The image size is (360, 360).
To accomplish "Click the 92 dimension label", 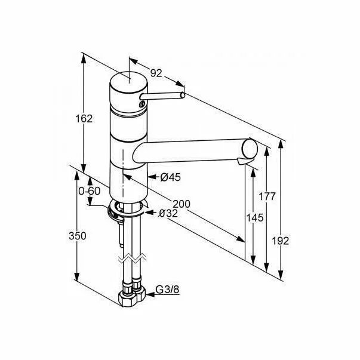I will pyautogui.click(x=156, y=73).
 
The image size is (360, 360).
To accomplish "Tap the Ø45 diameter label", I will pyautogui.click(x=171, y=176).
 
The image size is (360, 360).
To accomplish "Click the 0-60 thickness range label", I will pyautogui.click(x=89, y=191).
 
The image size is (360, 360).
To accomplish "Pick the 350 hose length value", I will pyautogui.click(x=78, y=236).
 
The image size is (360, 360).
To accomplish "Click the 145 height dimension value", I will pyautogui.click(x=255, y=218).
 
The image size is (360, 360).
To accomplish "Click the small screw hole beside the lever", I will pyautogui.click(x=141, y=105).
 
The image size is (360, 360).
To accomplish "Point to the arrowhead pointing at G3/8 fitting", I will pyautogui.click(x=149, y=291).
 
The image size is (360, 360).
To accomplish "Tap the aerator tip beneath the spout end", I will pyautogui.click(x=240, y=161).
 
